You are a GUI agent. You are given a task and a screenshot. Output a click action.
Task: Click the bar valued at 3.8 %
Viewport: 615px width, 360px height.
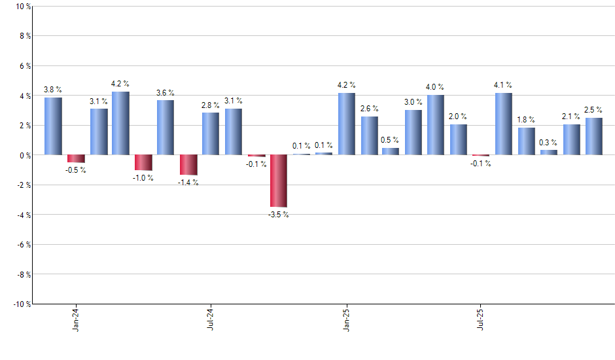pos(53,126)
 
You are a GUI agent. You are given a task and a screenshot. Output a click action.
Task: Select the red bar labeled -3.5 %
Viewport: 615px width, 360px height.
pos(279,181)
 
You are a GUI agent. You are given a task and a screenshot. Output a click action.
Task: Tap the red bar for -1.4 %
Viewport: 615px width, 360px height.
pos(188,165)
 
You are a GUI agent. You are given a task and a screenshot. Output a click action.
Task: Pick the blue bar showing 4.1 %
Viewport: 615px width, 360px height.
pos(504,124)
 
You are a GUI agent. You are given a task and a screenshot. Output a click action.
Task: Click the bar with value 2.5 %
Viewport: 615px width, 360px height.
pos(594,136)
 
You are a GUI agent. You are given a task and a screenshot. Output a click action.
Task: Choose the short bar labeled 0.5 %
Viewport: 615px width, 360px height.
pos(391,151)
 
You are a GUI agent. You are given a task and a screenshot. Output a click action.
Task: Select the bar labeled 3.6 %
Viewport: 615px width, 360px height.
pos(166,128)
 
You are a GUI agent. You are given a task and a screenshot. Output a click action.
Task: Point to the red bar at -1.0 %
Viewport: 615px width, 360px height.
pos(143,162)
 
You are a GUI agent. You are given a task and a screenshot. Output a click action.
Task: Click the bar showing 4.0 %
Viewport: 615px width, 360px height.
pos(436,125)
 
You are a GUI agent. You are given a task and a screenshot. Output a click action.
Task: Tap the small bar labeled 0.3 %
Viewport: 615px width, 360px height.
pos(549,153)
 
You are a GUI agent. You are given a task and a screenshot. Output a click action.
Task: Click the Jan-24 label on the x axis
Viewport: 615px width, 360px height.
pos(77,318)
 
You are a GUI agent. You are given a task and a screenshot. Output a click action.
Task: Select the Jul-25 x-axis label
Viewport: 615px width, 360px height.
pos(482,318)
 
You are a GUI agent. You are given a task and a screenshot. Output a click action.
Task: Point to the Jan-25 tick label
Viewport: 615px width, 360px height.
pos(347,318)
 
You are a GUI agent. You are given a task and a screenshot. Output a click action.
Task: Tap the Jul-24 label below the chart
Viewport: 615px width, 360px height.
pos(211,318)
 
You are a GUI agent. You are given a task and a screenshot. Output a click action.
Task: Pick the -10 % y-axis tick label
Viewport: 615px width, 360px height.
pos(21,304)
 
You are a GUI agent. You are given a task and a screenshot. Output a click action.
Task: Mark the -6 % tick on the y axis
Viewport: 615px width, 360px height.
pos(23,244)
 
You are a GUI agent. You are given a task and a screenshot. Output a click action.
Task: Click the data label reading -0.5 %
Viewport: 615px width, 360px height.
pos(76,170)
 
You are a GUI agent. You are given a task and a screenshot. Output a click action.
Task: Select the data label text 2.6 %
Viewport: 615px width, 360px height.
pos(370,109)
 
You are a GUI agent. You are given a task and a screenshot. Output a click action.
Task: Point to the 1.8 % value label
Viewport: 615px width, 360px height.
pos(526,120)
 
